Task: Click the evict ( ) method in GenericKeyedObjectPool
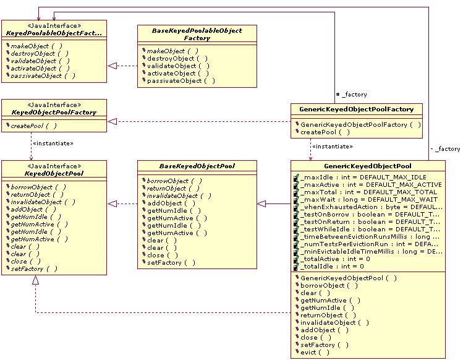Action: tap(315, 352)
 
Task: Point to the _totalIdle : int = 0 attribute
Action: tap(333, 266)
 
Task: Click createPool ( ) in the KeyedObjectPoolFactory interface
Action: tap(34, 126)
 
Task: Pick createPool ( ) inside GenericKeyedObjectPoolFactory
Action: tap(325, 132)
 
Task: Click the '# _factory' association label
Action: tap(351, 95)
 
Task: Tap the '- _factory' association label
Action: tap(445, 149)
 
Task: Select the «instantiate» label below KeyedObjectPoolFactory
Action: tap(53, 144)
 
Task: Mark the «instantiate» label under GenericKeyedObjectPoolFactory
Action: tap(332, 147)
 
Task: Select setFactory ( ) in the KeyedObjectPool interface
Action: tap(35, 268)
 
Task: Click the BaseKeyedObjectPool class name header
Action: tap(197, 165)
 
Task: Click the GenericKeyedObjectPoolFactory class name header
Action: tap(357, 109)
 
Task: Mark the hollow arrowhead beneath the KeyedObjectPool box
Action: tap(36, 280)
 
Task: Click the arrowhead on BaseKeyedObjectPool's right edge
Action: tap(262, 204)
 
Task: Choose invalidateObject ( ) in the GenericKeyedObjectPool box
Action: tap(334, 322)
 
